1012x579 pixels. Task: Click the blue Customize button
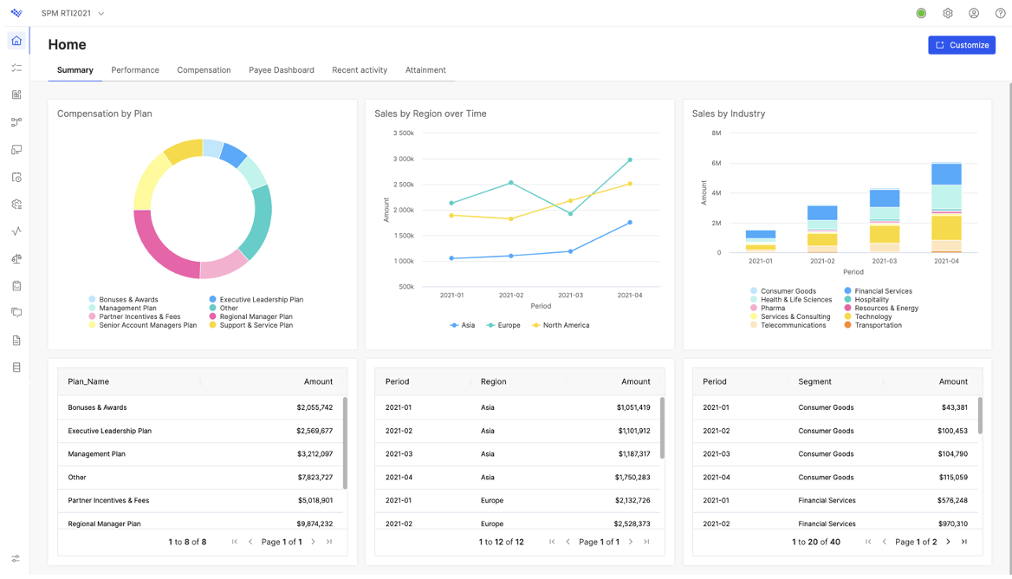962,45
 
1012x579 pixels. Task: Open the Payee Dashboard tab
282,70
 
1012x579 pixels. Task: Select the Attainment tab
425,70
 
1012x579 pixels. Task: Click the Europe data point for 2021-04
630,159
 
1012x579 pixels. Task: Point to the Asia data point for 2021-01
451,258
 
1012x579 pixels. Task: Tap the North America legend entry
561,325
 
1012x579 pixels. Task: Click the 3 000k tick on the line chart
404,159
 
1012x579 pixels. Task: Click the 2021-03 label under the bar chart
885,262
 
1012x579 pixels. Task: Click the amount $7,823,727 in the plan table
315,478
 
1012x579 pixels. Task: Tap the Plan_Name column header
88,381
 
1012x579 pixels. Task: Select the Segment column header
814,381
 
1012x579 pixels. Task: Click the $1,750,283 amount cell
632,478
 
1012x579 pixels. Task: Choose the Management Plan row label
97,454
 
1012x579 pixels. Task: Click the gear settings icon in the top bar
948,13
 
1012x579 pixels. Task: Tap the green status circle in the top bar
921,13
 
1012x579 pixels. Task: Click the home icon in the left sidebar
16,41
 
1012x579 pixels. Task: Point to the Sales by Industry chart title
729,114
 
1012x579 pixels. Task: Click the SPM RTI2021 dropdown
72,13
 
